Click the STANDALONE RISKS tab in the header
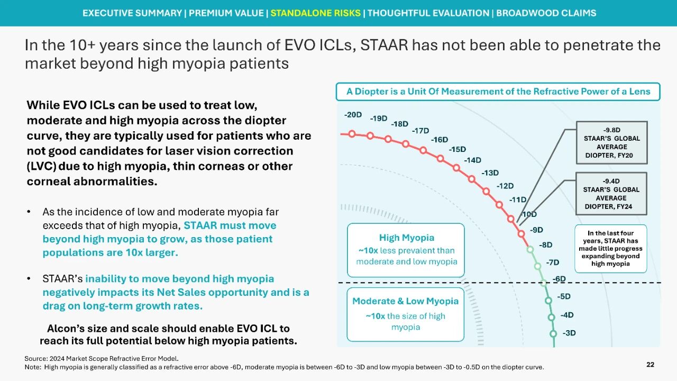pyautogui.click(x=316, y=13)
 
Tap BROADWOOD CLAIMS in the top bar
pyautogui.click(x=546, y=13)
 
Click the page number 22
pyautogui.click(x=650, y=365)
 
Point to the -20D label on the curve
pyautogui.click(x=353, y=115)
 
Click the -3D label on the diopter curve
pyautogui.click(x=569, y=333)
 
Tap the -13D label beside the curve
pyautogui.click(x=490, y=173)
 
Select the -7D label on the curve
pyautogui.click(x=552, y=262)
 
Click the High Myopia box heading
pyautogui.click(x=406, y=238)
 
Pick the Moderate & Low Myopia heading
pyautogui.click(x=406, y=301)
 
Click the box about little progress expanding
pyautogui.click(x=610, y=248)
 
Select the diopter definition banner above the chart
pyautogui.click(x=498, y=92)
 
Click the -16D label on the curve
pyautogui.click(x=440, y=140)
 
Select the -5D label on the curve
pyautogui.click(x=564, y=296)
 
